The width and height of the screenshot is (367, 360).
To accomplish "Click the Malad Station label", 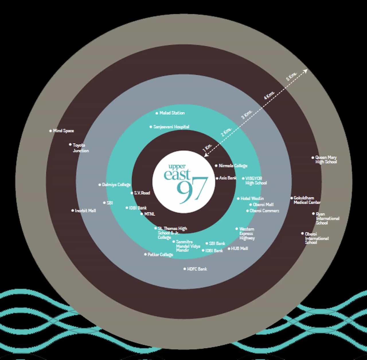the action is (x=172, y=113).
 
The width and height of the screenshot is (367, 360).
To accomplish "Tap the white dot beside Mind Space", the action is (x=50, y=131).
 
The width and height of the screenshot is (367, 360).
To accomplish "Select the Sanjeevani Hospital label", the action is (x=171, y=127).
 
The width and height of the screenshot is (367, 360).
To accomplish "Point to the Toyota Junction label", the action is (x=81, y=148).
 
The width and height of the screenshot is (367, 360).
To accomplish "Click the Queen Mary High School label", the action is (x=326, y=160).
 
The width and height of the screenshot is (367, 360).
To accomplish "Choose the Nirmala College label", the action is (x=233, y=166).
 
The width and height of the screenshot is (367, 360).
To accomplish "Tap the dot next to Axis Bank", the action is (x=217, y=178).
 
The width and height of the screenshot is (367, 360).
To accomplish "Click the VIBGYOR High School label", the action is (x=256, y=181).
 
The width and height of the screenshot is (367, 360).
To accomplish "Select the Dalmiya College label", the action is (x=116, y=185).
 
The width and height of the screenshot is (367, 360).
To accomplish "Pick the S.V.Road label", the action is (x=142, y=193).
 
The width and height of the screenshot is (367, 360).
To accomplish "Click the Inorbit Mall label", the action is (x=85, y=211).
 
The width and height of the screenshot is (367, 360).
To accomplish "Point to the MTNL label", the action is (x=149, y=214).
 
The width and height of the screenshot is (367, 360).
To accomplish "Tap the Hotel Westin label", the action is (x=252, y=198).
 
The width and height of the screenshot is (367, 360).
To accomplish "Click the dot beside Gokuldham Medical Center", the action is (x=292, y=198).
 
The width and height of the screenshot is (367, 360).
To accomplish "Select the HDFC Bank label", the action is (x=197, y=269).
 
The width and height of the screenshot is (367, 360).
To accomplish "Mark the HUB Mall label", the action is (x=239, y=249).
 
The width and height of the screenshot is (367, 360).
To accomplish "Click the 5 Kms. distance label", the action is (x=292, y=76).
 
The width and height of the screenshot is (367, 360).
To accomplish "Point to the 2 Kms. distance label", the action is (x=227, y=132).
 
